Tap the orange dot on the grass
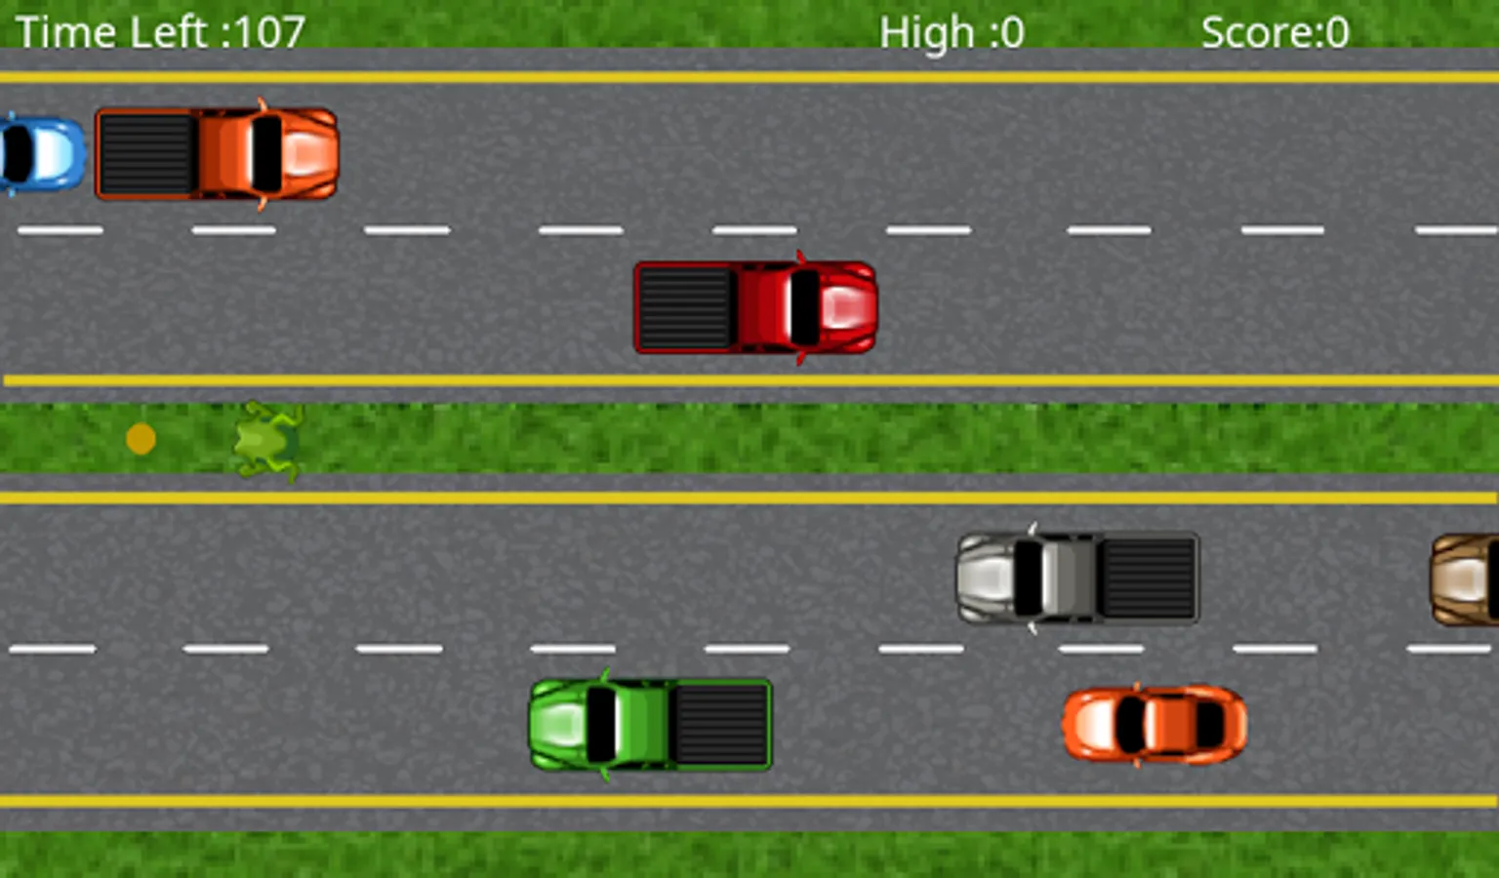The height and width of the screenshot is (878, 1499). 141,439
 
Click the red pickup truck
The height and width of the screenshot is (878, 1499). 755,307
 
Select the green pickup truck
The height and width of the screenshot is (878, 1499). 650,725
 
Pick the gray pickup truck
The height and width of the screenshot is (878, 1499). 1077,578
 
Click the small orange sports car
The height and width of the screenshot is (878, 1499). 1155,725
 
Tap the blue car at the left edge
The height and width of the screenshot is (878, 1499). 41,154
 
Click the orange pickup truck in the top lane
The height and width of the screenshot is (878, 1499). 217,154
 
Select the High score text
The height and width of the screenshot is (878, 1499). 952,33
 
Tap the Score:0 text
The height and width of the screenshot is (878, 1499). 1275,33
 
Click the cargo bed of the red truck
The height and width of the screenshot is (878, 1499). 685,307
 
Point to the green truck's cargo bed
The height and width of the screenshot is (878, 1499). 722,725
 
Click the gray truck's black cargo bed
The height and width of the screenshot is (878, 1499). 1149,578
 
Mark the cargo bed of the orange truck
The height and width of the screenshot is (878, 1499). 146,154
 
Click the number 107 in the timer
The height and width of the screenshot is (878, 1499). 268,32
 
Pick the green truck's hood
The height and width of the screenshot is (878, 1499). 556,725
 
